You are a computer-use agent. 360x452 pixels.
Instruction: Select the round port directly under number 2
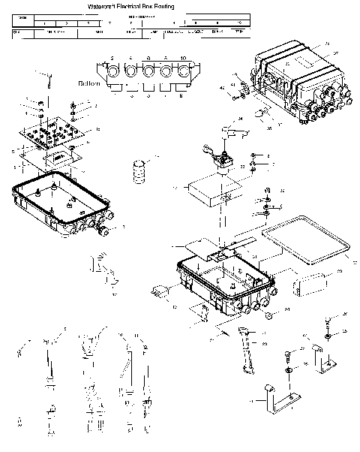coord(113,74)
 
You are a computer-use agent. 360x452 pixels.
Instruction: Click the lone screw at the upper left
coord(47,78)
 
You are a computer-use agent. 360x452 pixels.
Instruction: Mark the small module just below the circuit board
coord(58,159)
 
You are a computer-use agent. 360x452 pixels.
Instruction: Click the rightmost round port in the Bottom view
coord(181,74)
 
